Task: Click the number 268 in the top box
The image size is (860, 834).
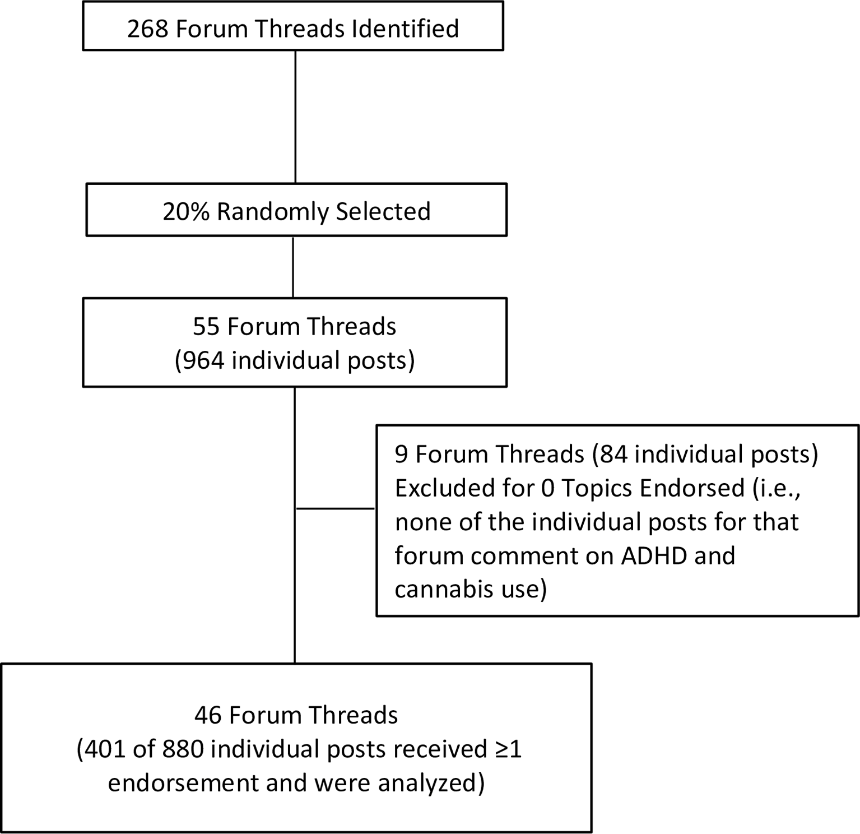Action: click(x=148, y=29)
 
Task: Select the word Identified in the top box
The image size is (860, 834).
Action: click(x=405, y=29)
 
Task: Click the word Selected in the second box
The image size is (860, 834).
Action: click(x=383, y=212)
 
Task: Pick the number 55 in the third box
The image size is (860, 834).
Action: click(x=206, y=327)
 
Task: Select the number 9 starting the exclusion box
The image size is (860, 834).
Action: click(x=401, y=455)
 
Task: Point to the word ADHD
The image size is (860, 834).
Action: click(x=651, y=556)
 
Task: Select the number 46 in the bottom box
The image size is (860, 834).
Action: click(x=208, y=716)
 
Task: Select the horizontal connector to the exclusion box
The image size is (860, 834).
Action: click(x=336, y=508)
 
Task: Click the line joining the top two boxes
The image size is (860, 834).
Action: click(x=295, y=117)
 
